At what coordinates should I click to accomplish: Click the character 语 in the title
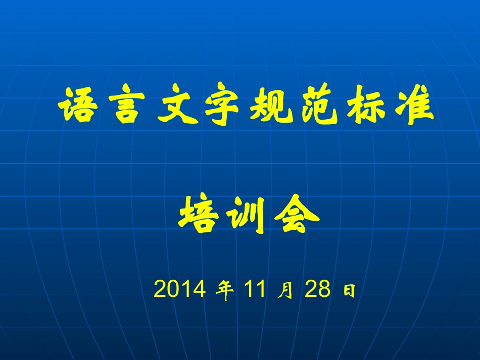[78, 105]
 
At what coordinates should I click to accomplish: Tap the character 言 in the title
[127, 104]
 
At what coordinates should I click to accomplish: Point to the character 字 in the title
[222, 104]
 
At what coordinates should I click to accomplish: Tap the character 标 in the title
[366, 105]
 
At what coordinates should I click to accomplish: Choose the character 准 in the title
[414, 105]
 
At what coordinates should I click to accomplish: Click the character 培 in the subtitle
[199, 214]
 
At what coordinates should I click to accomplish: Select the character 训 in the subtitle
[246, 215]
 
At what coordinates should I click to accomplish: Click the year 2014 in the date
[180, 288]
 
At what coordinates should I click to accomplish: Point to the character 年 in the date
[225, 289]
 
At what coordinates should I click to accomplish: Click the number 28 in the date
[318, 288]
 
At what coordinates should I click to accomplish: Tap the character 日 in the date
[349, 290]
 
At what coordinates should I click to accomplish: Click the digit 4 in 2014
[200, 288]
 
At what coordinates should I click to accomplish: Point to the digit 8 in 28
[325, 288]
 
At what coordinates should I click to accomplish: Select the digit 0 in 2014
[173, 288]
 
